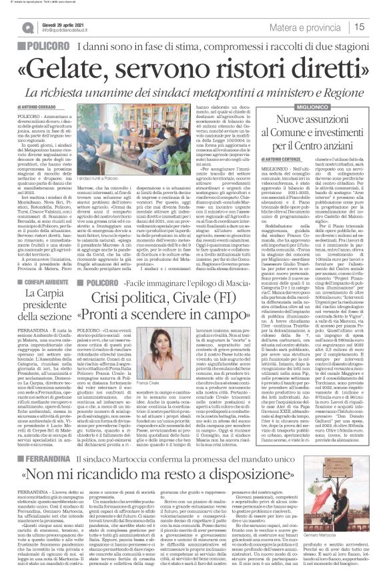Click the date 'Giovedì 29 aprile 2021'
point(65,23)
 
